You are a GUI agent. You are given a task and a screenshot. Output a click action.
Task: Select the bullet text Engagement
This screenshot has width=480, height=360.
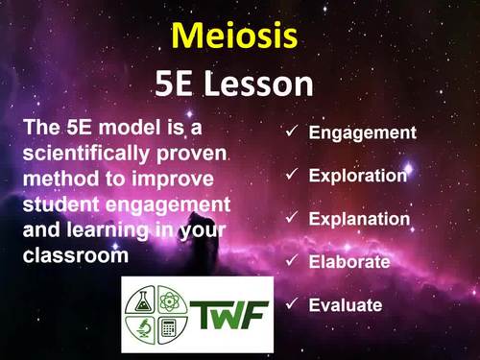tap(362, 132)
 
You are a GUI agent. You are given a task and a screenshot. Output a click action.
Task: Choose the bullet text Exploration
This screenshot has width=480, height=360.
tap(358, 176)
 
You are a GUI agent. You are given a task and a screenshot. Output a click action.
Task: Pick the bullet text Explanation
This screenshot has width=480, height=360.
tap(359, 219)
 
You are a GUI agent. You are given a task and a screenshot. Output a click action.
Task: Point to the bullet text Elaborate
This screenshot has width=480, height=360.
tap(348, 261)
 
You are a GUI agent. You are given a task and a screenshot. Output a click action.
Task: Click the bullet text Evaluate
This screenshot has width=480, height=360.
tap(346, 305)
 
